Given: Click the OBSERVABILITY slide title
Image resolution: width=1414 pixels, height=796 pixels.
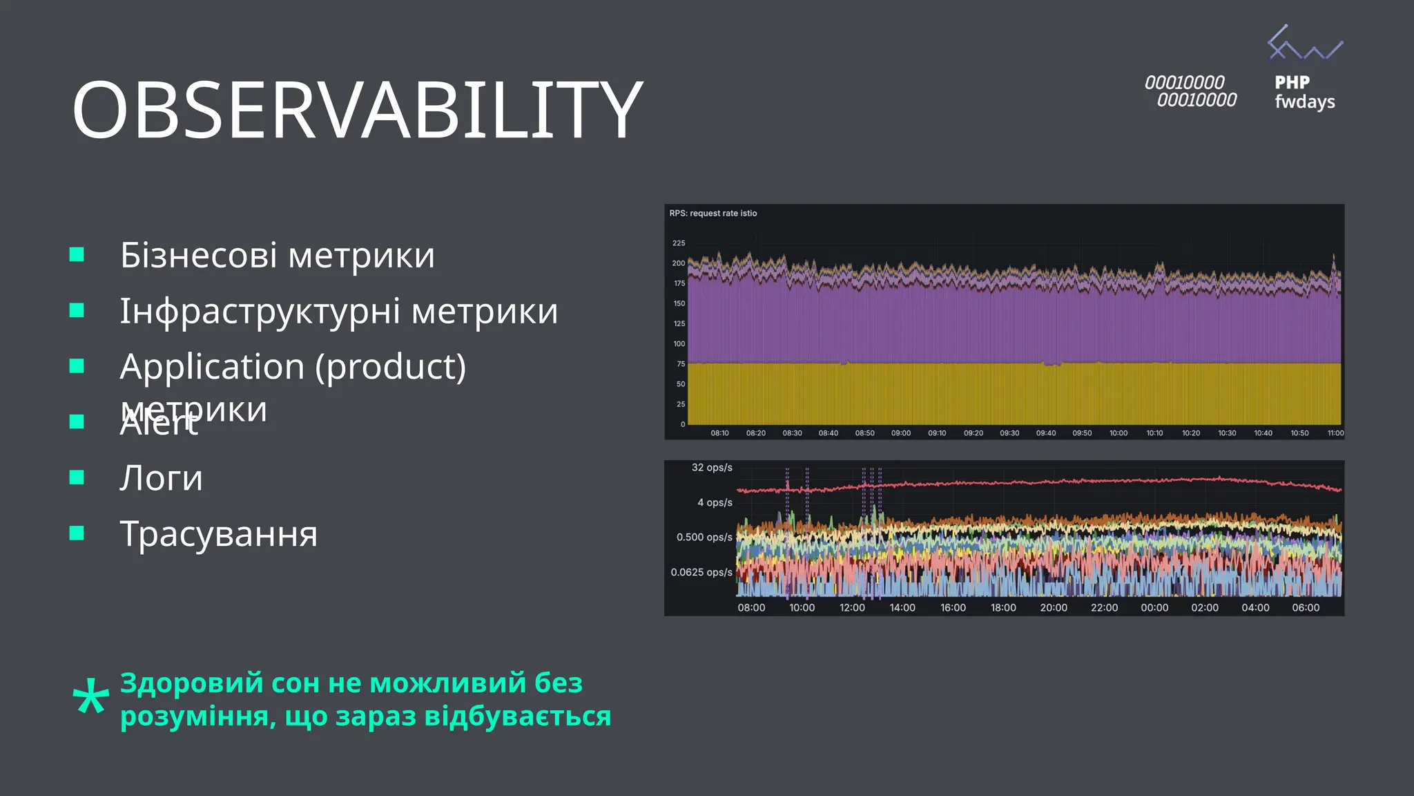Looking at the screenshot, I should click(x=357, y=110).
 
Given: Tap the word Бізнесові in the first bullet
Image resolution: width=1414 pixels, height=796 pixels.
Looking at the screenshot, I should click(x=199, y=255).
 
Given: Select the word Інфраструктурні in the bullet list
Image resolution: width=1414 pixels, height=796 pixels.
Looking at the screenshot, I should click(x=260, y=311).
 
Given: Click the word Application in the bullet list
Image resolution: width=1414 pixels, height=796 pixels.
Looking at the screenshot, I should click(x=212, y=366).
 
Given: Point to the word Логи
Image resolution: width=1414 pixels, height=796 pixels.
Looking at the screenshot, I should click(x=162, y=478).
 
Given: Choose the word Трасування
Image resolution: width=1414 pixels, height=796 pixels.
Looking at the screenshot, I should click(x=219, y=534).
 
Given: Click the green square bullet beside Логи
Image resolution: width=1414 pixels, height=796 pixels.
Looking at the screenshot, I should click(x=77, y=477).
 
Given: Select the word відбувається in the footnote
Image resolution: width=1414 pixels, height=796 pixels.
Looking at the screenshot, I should click(x=517, y=716).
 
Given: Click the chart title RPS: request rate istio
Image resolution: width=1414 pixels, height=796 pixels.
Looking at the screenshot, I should click(x=713, y=214).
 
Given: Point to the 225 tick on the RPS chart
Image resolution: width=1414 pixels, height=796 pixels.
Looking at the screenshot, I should click(x=679, y=243).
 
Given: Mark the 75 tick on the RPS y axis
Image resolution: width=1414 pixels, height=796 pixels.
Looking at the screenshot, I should click(x=681, y=364).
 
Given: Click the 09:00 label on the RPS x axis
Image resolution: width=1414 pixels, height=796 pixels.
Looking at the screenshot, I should click(x=900, y=433).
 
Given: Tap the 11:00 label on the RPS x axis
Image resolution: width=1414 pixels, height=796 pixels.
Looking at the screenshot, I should click(x=1335, y=433).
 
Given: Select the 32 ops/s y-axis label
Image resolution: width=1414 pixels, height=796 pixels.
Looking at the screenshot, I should click(x=712, y=468).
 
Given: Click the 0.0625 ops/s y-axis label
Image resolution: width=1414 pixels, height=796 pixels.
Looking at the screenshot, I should click(x=701, y=572).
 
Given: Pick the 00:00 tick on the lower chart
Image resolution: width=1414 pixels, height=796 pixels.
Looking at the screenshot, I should click(x=1154, y=608).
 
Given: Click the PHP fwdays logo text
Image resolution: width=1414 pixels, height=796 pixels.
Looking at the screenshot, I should click(x=1304, y=92).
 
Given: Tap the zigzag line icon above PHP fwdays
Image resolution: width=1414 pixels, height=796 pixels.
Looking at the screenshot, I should click(x=1304, y=44).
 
